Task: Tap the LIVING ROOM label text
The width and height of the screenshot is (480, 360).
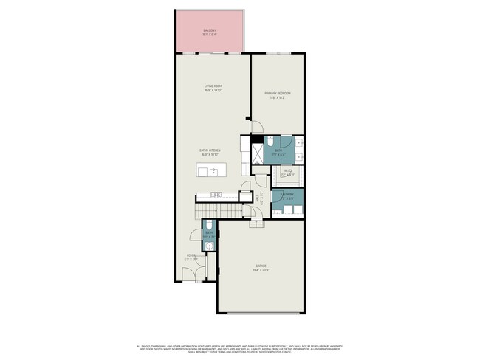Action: [213, 87]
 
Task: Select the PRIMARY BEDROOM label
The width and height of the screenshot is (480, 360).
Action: [278, 93]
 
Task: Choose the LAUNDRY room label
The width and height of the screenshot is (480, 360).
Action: [287, 195]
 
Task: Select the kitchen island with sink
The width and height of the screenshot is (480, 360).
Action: [209, 172]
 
